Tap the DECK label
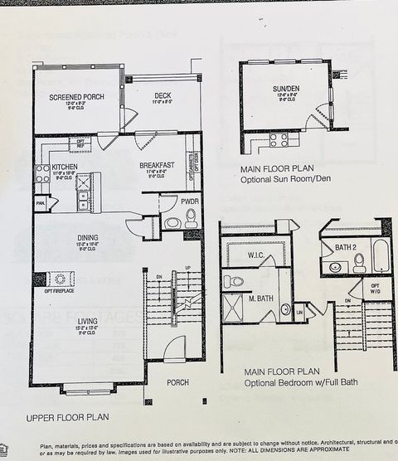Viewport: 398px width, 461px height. pos(162,95)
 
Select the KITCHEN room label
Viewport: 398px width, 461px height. pos(65,166)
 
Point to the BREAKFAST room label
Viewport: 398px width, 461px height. pos(156,165)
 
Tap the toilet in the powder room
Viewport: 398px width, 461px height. pos(191,218)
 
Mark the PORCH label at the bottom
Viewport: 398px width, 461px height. pos(177,382)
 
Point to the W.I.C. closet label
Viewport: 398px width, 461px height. pos(256,255)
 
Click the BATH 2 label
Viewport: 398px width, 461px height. pos(346,246)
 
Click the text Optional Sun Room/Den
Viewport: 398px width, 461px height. pos(286,178)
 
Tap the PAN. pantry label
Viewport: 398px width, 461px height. pos(40,202)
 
